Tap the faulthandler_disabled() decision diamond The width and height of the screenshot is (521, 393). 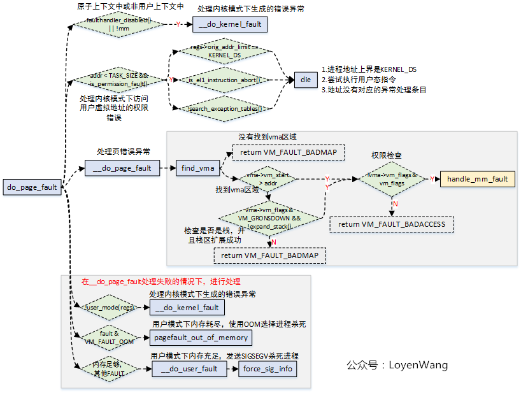119,24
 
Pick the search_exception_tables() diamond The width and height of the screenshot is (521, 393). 225,109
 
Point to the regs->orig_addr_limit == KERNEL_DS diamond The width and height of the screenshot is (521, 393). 225,52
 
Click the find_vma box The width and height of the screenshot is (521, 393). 197,168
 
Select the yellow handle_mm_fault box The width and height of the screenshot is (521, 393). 477,179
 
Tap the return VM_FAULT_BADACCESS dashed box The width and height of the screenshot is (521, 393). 392,224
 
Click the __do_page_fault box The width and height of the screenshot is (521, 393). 122,168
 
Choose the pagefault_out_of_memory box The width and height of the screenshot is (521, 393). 201,338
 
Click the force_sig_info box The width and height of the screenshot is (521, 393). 268,369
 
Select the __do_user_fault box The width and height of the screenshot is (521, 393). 189,369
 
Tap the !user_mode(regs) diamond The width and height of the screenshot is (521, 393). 110,307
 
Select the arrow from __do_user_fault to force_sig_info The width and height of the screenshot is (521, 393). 232,369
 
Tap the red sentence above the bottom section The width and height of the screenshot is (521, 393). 161,282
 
